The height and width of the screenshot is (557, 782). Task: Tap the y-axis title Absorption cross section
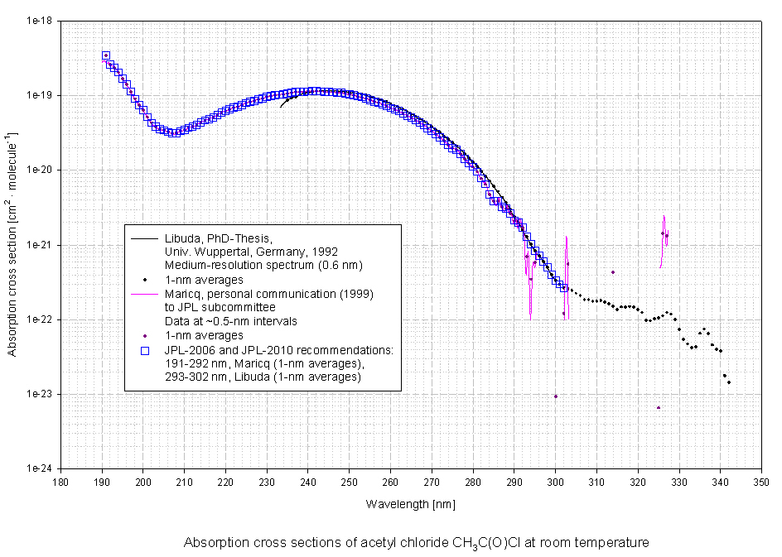click(12, 244)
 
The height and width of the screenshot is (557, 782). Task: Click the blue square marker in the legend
click(145, 349)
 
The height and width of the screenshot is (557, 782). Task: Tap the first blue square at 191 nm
click(106, 55)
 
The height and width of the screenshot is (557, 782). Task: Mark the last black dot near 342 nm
click(729, 382)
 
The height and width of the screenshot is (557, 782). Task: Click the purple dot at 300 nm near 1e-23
click(556, 396)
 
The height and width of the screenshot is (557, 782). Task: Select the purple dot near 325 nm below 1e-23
click(659, 407)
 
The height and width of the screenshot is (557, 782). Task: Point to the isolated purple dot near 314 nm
click(613, 272)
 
